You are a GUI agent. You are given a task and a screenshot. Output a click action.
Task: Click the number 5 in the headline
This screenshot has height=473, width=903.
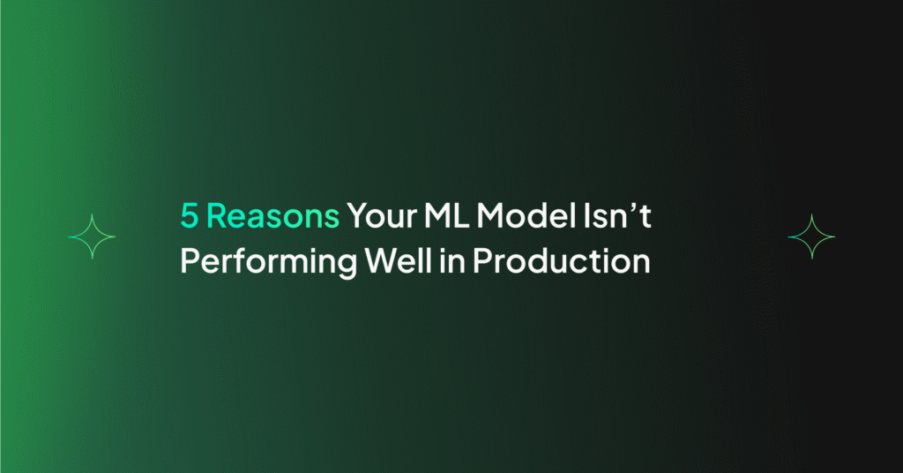pyautogui.click(x=190, y=215)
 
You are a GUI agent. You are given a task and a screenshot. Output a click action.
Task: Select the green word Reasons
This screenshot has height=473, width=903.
pyautogui.click(x=273, y=215)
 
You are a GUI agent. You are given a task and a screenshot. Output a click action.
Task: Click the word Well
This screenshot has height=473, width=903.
pyautogui.click(x=399, y=260)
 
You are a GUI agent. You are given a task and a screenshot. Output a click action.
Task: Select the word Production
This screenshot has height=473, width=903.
pyautogui.click(x=562, y=260)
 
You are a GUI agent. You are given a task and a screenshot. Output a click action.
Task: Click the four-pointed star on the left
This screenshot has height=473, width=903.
pyautogui.click(x=92, y=236)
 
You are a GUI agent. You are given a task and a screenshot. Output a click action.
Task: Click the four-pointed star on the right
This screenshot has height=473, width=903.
pyautogui.click(x=811, y=236)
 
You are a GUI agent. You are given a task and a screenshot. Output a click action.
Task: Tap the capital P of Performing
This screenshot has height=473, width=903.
pyautogui.click(x=190, y=261)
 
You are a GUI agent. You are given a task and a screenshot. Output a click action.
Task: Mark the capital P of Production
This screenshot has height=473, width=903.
pyautogui.click(x=482, y=261)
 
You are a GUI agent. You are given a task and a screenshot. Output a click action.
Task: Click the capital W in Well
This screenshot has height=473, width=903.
pyautogui.click(x=381, y=261)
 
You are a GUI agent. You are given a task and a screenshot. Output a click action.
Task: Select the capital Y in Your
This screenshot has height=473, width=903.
pyautogui.click(x=358, y=215)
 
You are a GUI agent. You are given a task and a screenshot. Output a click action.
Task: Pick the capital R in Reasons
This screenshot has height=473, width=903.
pyautogui.click(x=217, y=215)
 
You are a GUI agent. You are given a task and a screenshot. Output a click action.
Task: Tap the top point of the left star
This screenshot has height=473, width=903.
pyautogui.click(x=92, y=214)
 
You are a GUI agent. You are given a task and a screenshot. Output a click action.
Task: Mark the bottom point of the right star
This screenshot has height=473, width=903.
pyautogui.click(x=811, y=259)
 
